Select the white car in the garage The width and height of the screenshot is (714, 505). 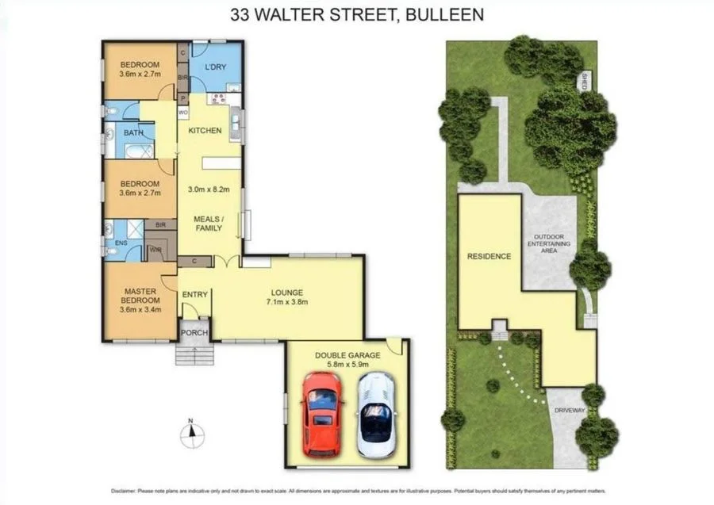click(374, 415)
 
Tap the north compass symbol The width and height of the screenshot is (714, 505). click(190, 432)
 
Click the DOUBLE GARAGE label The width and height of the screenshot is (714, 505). click(347, 356)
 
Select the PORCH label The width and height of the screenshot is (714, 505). click(194, 332)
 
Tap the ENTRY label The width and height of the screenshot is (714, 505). click(194, 295)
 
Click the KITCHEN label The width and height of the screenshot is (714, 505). click(205, 131)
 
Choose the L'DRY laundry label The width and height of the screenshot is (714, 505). click(216, 67)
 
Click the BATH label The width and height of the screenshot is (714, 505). click(133, 133)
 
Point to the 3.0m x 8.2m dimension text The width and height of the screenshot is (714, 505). click(209, 189)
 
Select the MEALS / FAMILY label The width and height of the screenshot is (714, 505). click(209, 223)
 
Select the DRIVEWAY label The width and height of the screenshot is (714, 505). click(570, 411)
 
